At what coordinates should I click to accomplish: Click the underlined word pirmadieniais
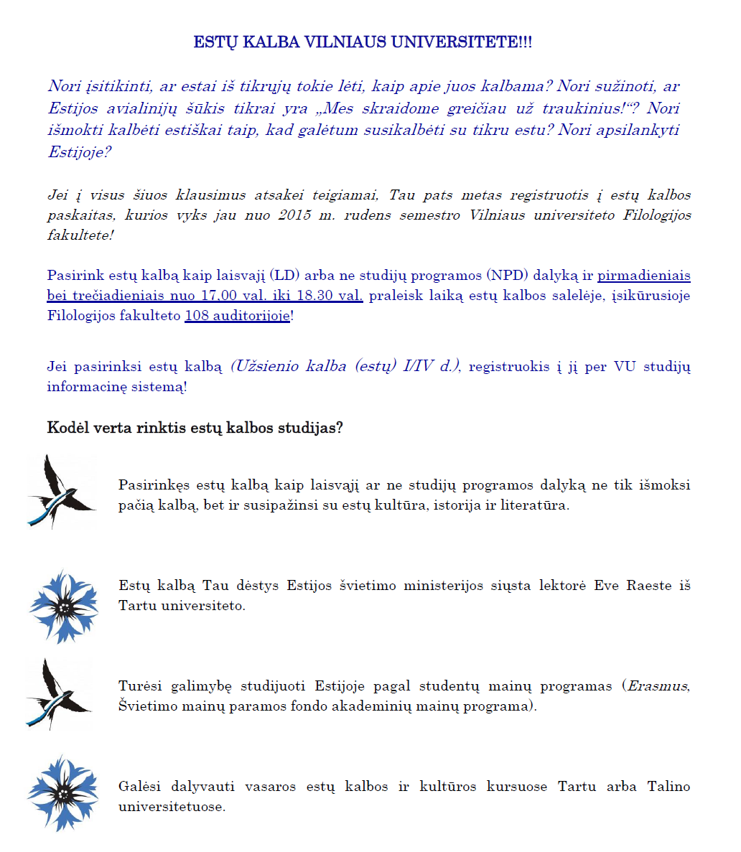coord(644,275)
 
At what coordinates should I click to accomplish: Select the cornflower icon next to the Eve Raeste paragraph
coord(64,607)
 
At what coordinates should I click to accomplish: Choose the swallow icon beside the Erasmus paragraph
coord(60,694)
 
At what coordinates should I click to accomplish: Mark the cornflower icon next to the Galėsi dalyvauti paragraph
coord(63,792)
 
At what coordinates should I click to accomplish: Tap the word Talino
coord(668,786)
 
